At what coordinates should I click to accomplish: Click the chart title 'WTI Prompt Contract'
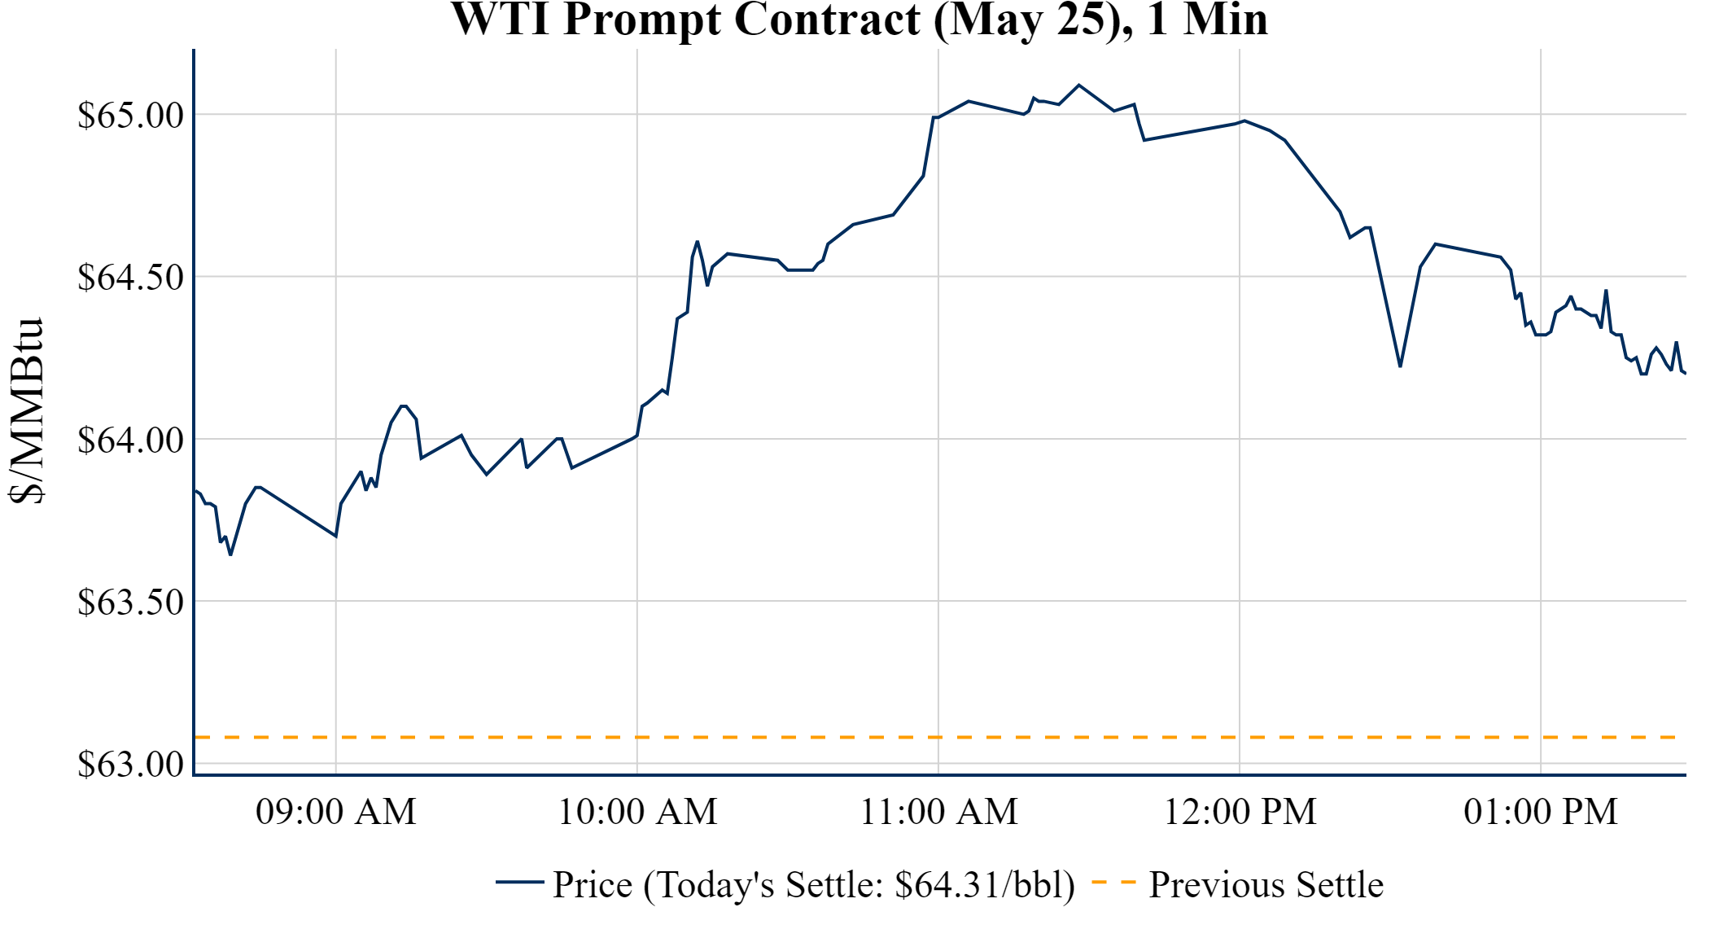coord(859,20)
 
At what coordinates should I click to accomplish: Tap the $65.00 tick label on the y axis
coord(131,115)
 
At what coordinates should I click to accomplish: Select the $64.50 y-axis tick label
coord(131,277)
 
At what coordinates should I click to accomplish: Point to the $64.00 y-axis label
coord(131,440)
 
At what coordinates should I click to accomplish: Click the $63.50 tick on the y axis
coord(131,602)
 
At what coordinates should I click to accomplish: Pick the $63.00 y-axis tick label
coord(131,764)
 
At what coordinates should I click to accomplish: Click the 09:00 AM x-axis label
coord(335,812)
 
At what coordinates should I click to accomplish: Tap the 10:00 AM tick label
coord(637,812)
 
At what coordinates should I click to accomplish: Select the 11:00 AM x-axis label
coord(938,812)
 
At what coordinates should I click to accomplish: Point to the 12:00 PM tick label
coord(1240,812)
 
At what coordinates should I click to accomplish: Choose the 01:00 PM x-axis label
coord(1541,812)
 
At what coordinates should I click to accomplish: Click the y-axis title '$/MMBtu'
coord(26,410)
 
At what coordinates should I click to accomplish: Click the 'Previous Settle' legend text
coord(1266,884)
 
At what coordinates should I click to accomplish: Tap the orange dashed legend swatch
coord(1113,882)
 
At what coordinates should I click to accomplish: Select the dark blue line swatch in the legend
coord(519,882)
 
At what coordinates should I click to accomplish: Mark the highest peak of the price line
coord(1079,85)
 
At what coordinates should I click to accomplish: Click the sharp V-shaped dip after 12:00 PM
coord(1400,366)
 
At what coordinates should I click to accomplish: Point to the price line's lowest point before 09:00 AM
coord(231,554)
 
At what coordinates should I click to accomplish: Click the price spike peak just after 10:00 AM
coord(698,241)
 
